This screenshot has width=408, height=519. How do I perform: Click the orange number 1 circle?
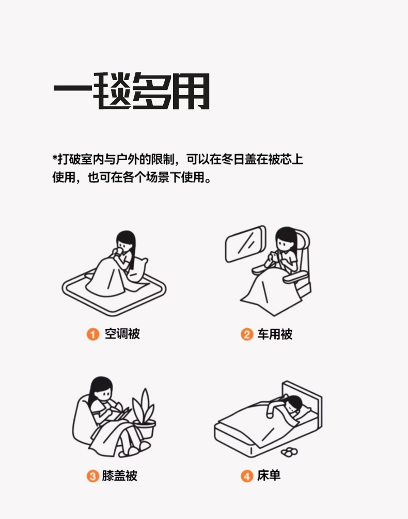pyautogui.click(x=93, y=334)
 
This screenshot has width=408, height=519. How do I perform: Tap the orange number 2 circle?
pyautogui.click(x=247, y=334)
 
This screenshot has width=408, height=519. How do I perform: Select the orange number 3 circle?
pyautogui.click(x=93, y=476)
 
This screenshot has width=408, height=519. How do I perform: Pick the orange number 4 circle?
pyautogui.click(x=247, y=476)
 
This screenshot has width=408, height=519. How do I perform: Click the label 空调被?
pyautogui.click(x=122, y=333)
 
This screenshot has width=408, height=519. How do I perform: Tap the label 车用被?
pyautogui.click(x=275, y=334)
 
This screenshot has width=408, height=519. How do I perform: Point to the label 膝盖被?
pyautogui.click(x=120, y=476)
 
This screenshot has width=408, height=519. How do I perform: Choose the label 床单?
pyautogui.click(x=269, y=476)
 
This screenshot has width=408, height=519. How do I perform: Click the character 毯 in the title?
pyautogui.click(x=112, y=90)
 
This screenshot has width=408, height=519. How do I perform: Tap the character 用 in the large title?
pyautogui.click(x=191, y=91)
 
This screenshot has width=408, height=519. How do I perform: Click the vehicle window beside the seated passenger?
pyautogui.click(x=245, y=243)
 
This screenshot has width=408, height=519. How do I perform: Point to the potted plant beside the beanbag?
pyautogui.click(x=144, y=413)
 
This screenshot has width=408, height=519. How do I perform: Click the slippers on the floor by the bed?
pyautogui.click(x=289, y=451)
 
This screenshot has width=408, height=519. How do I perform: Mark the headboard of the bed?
pyautogui.click(x=303, y=403)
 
